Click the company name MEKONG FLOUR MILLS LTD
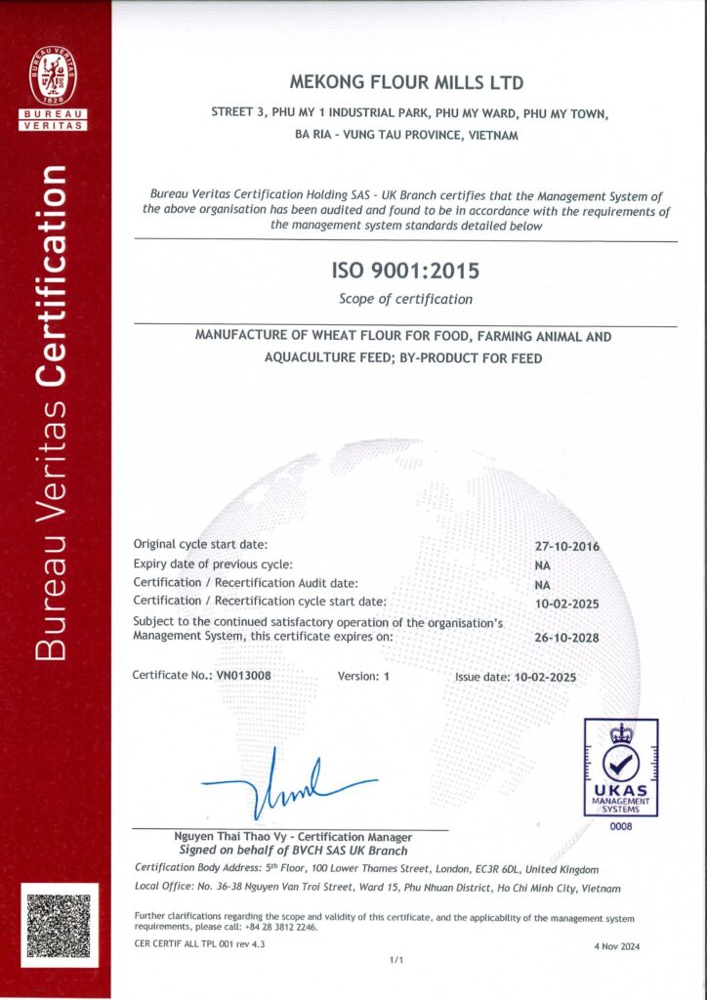408,83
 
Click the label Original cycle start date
200,544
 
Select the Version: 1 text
363,676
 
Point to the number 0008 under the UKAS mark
621,827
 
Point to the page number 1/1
396,962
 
